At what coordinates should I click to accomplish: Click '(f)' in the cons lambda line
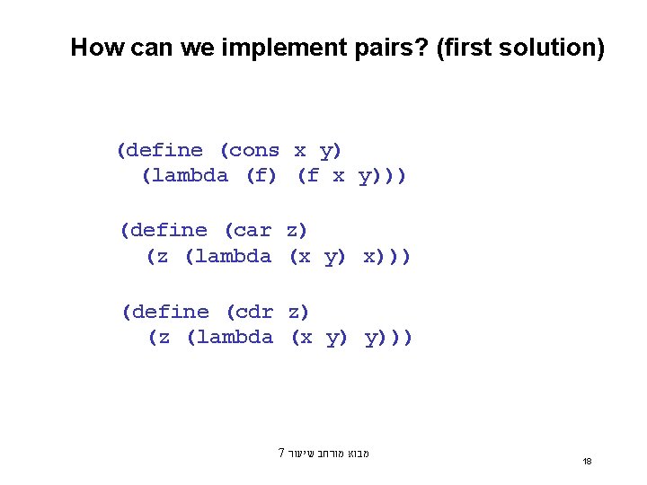click(261, 176)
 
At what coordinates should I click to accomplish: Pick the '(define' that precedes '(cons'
click(160, 151)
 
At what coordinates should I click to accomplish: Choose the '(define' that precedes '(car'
click(164, 231)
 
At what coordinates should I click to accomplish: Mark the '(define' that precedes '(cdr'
click(165, 312)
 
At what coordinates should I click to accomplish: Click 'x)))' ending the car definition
click(387, 256)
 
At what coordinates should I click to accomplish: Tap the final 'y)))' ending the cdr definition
click(389, 337)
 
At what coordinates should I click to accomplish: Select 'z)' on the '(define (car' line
click(297, 231)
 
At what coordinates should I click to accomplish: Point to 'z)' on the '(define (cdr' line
click(299, 312)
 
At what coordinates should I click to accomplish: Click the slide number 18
click(587, 461)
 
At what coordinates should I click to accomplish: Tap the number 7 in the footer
click(281, 453)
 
